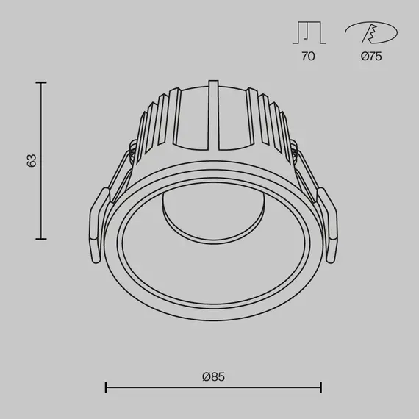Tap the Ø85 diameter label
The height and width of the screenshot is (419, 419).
pyautogui.click(x=212, y=377)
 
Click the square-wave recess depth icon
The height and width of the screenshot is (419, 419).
pyautogui.click(x=308, y=33)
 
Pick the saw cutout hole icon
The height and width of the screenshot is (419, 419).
pyautogui.click(x=371, y=33)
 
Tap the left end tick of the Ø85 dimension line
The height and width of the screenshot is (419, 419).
pyautogui.click(x=107, y=387)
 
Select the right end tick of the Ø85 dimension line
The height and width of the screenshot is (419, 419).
pyautogui.click(x=320, y=387)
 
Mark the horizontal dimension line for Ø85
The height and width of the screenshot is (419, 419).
pyautogui.click(x=213, y=387)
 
